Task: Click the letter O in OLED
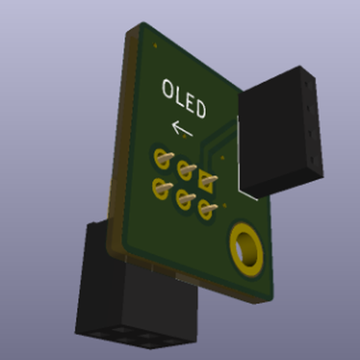click(x=169, y=89)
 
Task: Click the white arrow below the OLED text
click(x=182, y=129)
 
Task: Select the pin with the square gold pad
click(x=207, y=179)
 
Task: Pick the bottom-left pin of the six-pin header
click(x=160, y=188)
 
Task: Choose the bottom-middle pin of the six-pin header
click(x=183, y=197)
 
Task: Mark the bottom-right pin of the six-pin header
click(x=206, y=209)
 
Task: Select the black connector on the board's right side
click(x=279, y=132)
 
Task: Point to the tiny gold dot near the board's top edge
click(x=155, y=45)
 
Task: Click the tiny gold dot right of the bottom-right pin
click(x=225, y=205)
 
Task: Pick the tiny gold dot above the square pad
click(x=223, y=158)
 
